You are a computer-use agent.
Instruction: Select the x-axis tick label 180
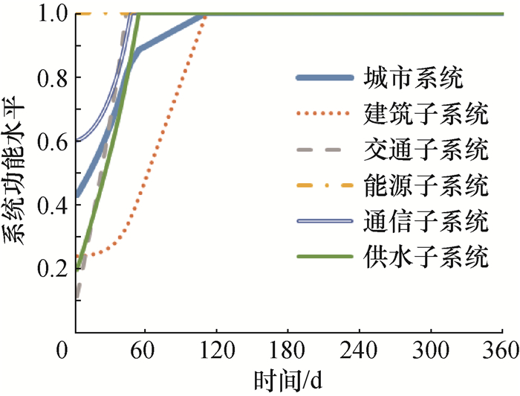[x=288, y=350]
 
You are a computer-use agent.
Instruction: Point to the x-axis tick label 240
[x=360, y=350]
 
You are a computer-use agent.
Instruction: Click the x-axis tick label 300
[x=431, y=350]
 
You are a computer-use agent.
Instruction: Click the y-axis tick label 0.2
[x=49, y=269]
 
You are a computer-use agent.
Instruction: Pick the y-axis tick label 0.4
[x=49, y=205]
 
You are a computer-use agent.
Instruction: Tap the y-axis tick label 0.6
[x=49, y=141]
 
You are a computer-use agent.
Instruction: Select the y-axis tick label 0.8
[x=49, y=77]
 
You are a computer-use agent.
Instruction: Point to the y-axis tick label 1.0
[x=49, y=14]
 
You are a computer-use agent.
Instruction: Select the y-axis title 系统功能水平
[x=16, y=171]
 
